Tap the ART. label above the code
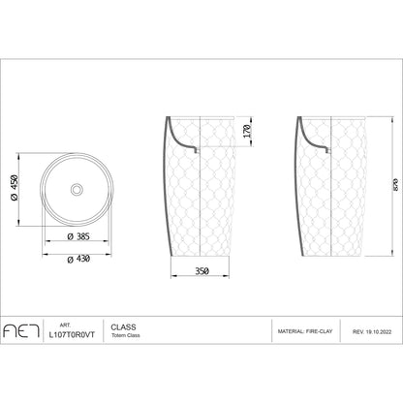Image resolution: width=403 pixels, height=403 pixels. tap(65, 325)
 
